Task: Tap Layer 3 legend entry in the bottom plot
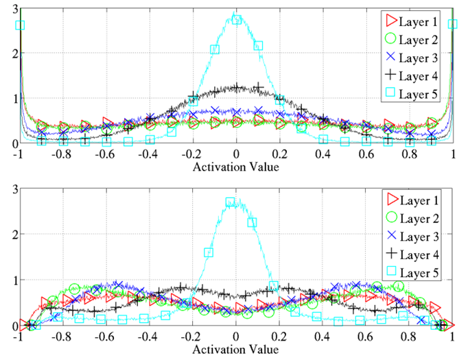pyautogui.click(x=415, y=237)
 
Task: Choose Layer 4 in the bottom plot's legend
pyautogui.click(x=415, y=256)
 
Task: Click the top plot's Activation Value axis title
pyautogui.click(x=236, y=167)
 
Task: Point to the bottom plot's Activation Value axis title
pyautogui.click(x=236, y=349)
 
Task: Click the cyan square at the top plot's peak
pyautogui.click(x=237, y=19)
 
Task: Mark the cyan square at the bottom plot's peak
pyautogui.click(x=231, y=202)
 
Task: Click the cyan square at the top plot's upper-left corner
pyautogui.click(x=20, y=25)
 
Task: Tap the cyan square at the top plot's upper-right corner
pyautogui.click(x=452, y=24)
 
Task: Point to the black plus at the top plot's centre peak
pyautogui.click(x=237, y=88)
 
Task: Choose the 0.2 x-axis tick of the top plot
pyautogui.click(x=280, y=155)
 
